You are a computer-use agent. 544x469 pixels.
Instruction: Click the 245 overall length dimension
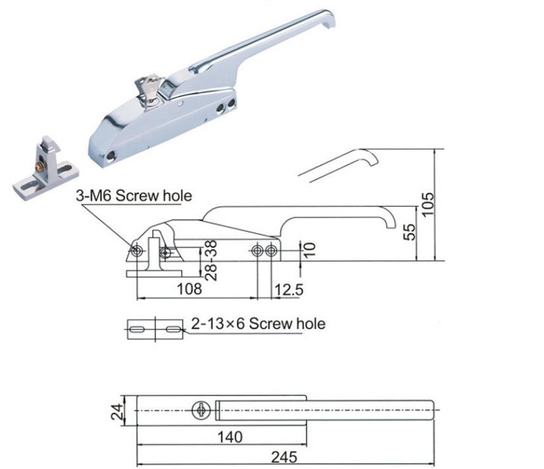(284, 456)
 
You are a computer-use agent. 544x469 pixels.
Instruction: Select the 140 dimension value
(229, 437)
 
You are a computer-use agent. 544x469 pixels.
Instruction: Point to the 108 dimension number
(189, 289)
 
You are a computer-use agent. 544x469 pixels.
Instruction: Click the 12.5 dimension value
(288, 290)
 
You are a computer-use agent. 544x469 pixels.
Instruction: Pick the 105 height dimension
(430, 204)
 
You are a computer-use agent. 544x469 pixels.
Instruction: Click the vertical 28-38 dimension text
(212, 260)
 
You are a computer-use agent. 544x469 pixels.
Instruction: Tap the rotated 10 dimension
(308, 250)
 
